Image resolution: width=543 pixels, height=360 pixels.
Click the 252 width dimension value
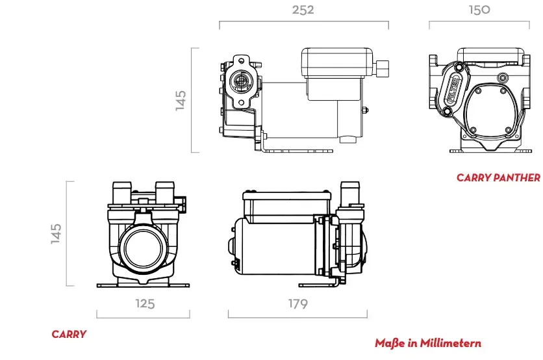click(303, 10)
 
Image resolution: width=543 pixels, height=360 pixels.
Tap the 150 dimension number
click(479, 10)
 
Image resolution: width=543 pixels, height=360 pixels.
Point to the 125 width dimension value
click(145, 303)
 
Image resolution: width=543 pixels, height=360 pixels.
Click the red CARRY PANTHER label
click(498, 177)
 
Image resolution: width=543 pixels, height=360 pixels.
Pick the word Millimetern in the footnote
click(450, 343)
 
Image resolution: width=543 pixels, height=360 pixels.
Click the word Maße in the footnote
click(390, 343)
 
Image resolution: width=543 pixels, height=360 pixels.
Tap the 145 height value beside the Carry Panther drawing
click(181, 100)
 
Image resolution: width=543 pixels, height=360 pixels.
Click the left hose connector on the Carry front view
click(122, 192)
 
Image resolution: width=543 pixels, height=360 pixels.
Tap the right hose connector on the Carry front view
click(166, 192)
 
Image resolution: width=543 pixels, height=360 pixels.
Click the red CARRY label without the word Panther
click(69, 334)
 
